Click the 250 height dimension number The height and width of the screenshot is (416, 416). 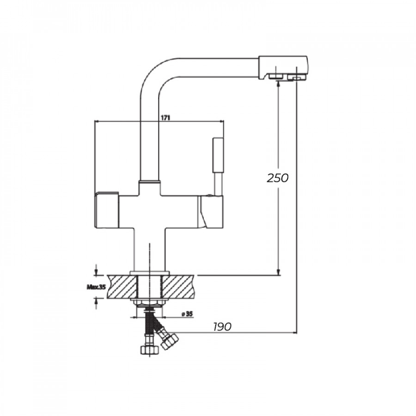277,178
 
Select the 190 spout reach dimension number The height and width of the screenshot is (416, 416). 222,327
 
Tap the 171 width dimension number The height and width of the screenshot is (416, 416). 165,118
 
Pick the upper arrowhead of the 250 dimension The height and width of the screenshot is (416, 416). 278,84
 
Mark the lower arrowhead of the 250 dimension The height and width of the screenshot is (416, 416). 278,272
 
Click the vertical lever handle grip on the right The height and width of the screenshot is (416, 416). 218,155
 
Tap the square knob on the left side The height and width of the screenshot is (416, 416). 107,209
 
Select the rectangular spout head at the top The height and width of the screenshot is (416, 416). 283,67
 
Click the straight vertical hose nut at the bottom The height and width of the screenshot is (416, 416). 149,350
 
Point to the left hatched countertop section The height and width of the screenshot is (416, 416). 122,287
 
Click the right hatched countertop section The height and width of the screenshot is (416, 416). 177,287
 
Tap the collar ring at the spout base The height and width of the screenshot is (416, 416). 149,182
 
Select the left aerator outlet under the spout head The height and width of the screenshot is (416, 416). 275,76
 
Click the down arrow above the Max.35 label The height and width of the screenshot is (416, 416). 96,270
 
